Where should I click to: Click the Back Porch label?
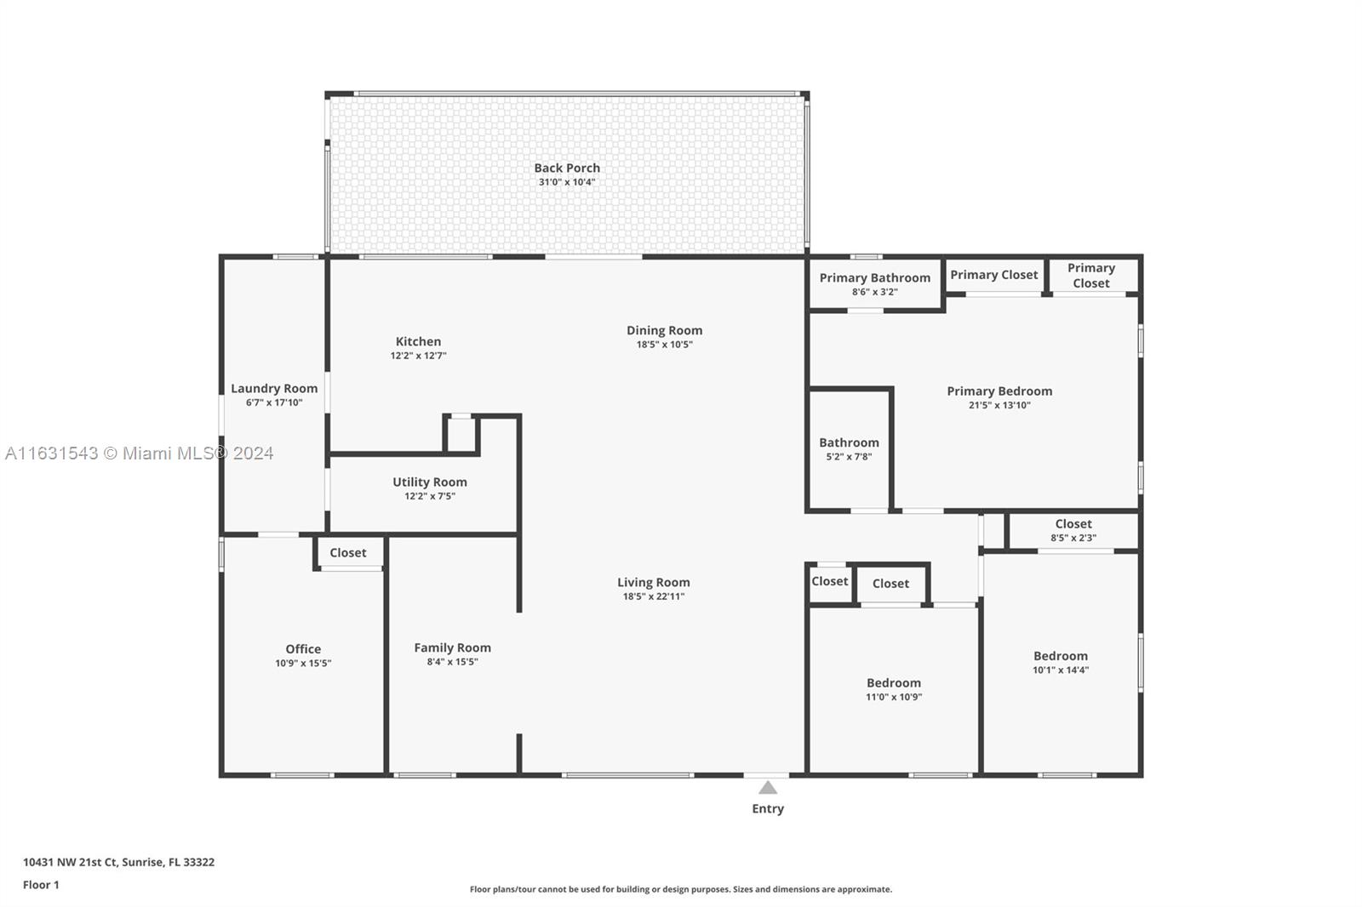coord(567,168)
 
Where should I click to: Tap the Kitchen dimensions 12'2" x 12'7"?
coord(418,356)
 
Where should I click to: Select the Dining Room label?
coord(665,330)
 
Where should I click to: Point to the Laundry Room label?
coord(274,389)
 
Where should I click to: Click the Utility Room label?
coord(430,482)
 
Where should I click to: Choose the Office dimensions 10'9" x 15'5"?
coord(303,663)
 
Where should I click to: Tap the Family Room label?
coord(452,648)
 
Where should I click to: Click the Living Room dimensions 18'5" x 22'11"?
coord(654,596)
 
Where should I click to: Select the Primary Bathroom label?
coord(875,278)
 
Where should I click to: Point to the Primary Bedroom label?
coord(999,391)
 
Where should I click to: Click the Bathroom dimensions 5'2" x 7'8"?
coord(849,457)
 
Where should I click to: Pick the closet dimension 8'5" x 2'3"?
coord(1073,538)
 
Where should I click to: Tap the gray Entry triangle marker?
coord(768,788)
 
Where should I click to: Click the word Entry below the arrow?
coord(768,808)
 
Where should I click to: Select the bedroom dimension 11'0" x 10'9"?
coord(894,698)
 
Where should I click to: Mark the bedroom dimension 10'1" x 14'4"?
coord(1061,670)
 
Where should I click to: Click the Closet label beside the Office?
coord(348,552)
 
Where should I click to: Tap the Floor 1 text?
coord(41,885)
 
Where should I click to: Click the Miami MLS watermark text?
coord(139,453)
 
